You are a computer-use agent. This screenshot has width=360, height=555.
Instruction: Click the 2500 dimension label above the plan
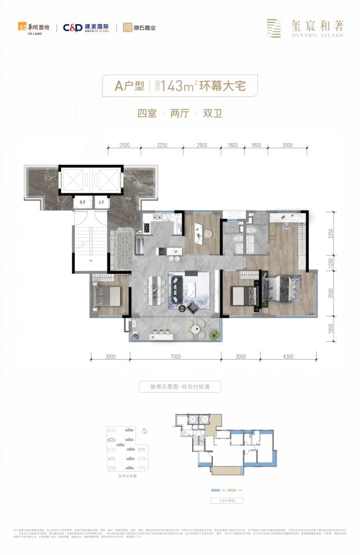click(x=125, y=145)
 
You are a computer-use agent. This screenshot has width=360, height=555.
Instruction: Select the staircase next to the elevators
click(x=83, y=242)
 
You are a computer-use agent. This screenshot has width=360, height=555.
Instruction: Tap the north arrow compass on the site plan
click(x=145, y=431)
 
